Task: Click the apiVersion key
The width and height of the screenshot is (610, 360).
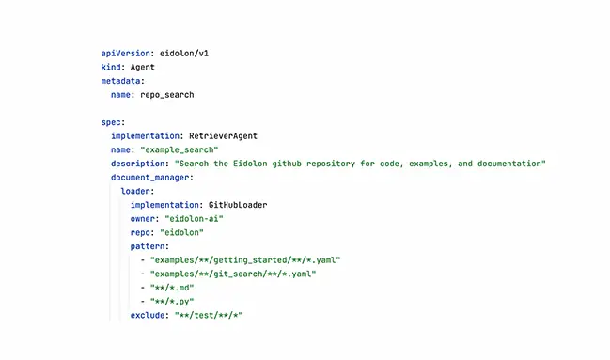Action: [125, 54]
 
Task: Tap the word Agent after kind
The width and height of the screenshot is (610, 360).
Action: [142, 68]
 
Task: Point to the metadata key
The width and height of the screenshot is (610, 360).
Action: [122, 81]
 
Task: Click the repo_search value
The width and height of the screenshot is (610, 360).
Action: [165, 95]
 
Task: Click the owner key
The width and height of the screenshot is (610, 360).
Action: [144, 218]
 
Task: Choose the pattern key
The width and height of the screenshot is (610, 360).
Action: [149, 245]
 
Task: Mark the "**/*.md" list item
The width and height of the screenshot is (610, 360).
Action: [174, 287]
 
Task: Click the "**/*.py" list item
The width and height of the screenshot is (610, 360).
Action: [174, 300]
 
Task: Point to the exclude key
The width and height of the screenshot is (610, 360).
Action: [149, 314]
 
